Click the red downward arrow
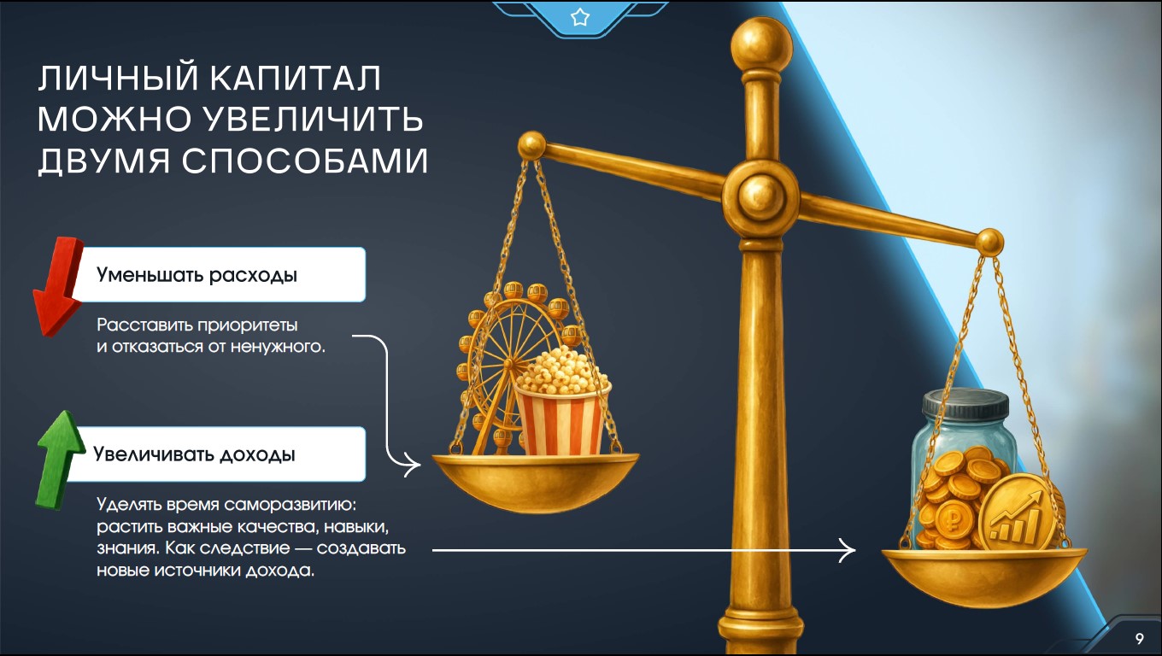pyautogui.click(x=58, y=286)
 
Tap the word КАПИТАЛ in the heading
pyautogui.click(x=295, y=79)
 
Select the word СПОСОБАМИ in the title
pyautogui.click(x=304, y=161)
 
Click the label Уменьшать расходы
pyautogui.click(x=197, y=275)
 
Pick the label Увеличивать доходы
pyautogui.click(x=194, y=454)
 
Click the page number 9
pyautogui.click(x=1139, y=638)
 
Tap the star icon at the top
pyautogui.click(x=580, y=17)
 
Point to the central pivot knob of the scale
pyautogui.click(x=761, y=196)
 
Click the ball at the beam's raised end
pyautogui.click(x=531, y=144)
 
